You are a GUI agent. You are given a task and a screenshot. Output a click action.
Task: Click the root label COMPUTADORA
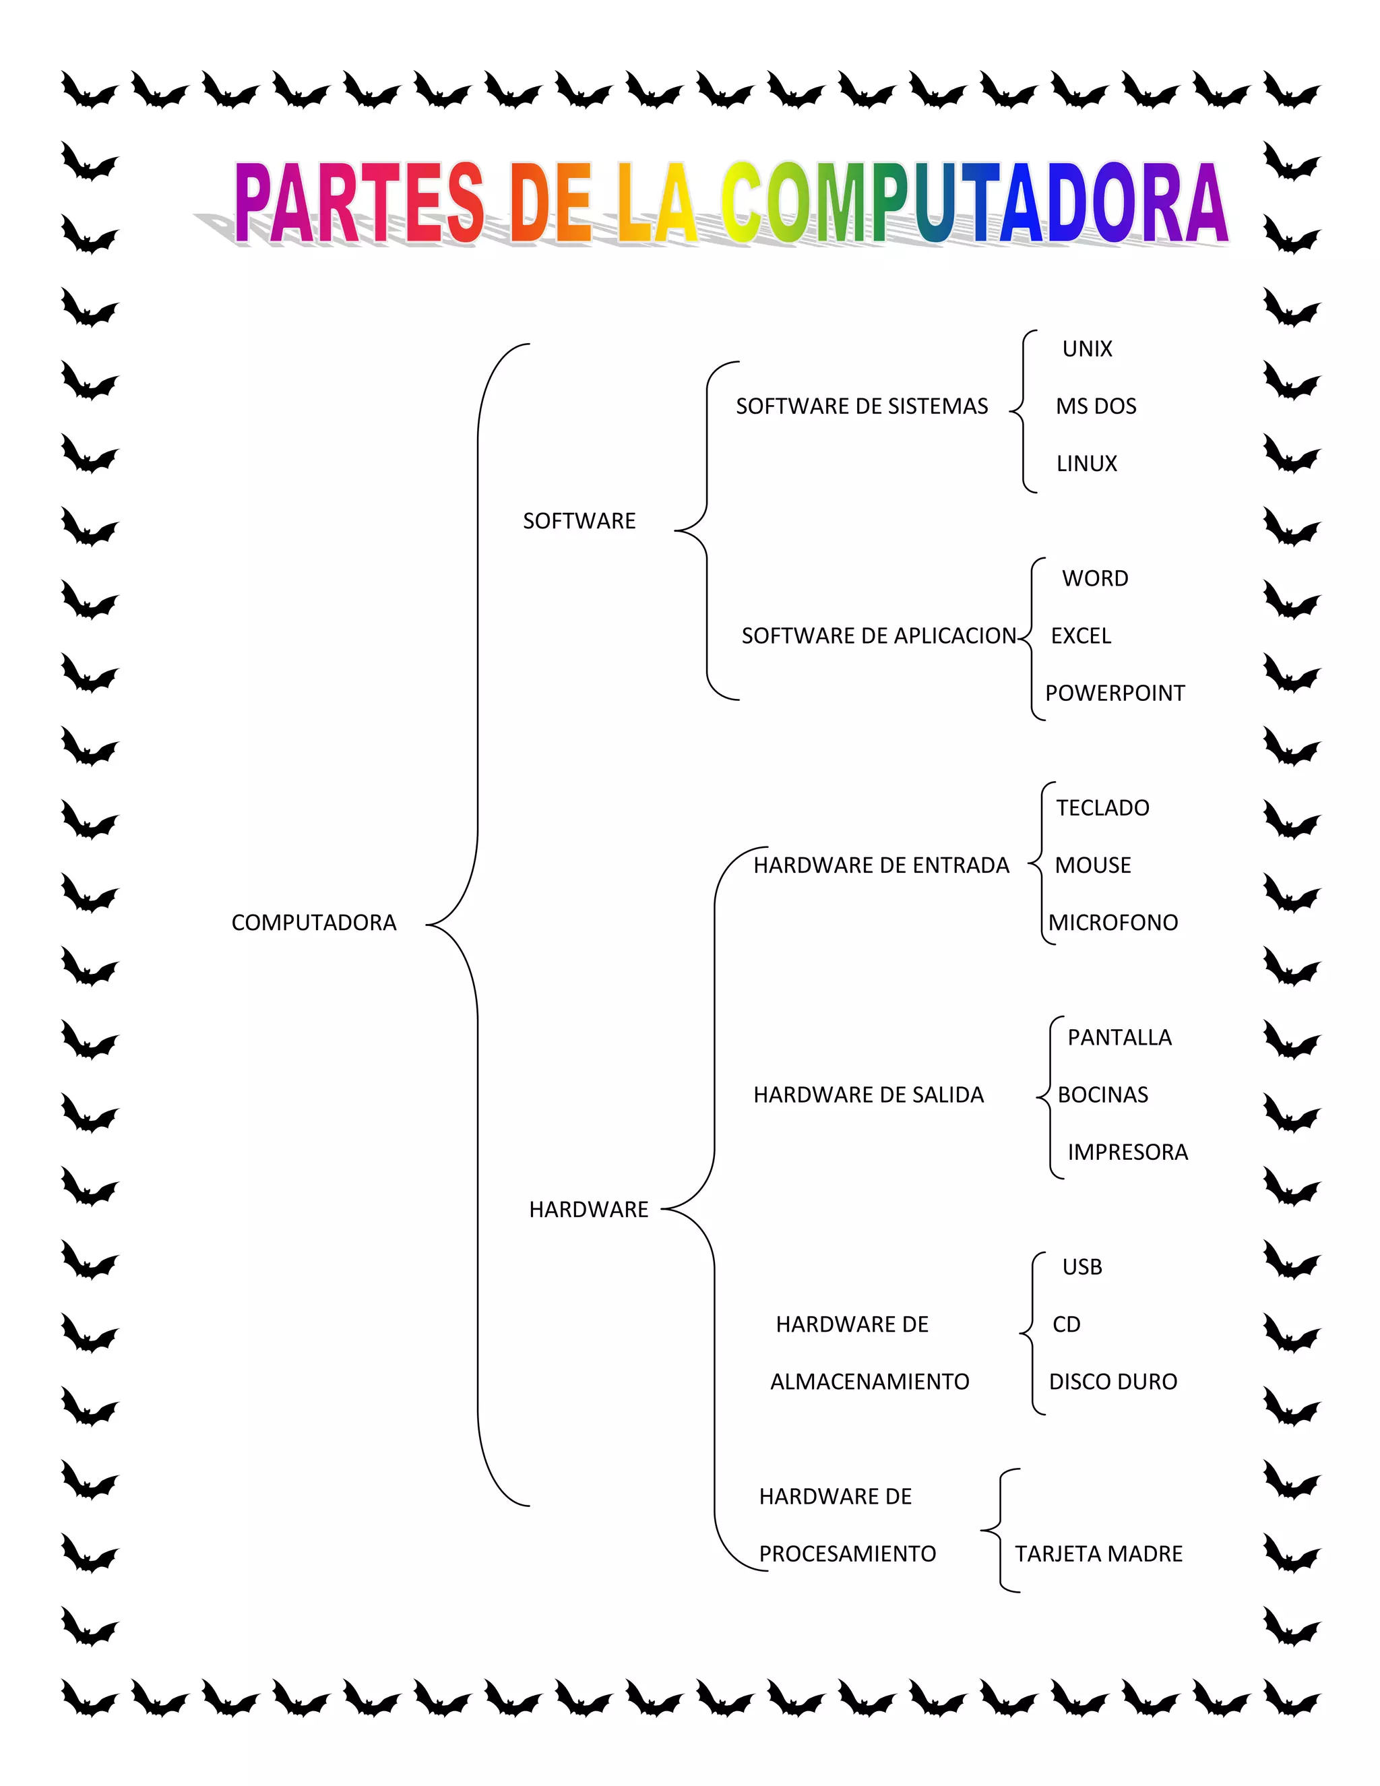click(313, 923)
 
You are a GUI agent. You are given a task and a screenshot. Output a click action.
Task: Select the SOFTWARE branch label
click(579, 521)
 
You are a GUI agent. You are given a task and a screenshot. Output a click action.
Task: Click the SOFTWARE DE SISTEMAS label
click(862, 406)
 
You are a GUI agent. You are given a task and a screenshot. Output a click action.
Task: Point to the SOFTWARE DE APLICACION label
click(878, 636)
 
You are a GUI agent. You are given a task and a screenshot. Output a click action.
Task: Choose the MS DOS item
click(1096, 406)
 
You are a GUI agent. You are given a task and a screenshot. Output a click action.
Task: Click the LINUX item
click(1086, 464)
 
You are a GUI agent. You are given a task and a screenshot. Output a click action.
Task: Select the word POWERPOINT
click(1115, 694)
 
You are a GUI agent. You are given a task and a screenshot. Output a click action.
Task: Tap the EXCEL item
click(1080, 636)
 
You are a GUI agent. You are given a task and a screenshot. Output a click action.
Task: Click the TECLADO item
click(1102, 808)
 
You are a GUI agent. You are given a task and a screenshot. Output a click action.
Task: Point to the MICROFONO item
click(1112, 923)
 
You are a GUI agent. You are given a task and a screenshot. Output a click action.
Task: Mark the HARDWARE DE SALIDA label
click(868, 1095)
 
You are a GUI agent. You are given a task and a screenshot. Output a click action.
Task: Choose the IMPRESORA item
click(1127, 1152)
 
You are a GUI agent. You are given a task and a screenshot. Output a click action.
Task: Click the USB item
click(1081, 1267)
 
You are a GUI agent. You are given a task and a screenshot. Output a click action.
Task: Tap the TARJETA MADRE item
click(1098, 1553)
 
